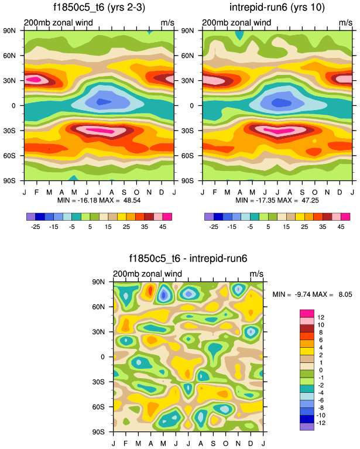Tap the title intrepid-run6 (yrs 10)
[x=277, y=8]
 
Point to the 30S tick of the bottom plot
[x=105, y=382]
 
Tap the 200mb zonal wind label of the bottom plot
[x=148, y=273]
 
